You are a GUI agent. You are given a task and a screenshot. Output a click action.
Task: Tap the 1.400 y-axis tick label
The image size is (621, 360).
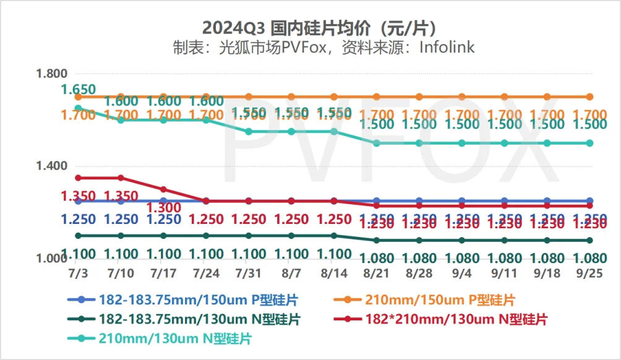[52, 166]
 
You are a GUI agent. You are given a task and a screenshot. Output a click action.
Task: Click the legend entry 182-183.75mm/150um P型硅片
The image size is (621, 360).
[198, 301]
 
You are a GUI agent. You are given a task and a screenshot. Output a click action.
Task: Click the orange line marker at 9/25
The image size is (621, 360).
[589, 97]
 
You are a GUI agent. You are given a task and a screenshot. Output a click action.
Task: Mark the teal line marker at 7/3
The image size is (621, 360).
[78, 108]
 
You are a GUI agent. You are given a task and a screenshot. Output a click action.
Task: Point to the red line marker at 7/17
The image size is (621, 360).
[163, 189]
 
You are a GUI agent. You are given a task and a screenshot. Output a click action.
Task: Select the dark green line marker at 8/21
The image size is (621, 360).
[376, 240]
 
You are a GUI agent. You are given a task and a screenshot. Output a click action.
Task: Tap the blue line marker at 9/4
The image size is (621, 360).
[461, 201]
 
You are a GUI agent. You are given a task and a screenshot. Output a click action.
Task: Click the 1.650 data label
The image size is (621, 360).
[79, 89]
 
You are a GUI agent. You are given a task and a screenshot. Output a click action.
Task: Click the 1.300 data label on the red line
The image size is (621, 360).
[165, 208]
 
